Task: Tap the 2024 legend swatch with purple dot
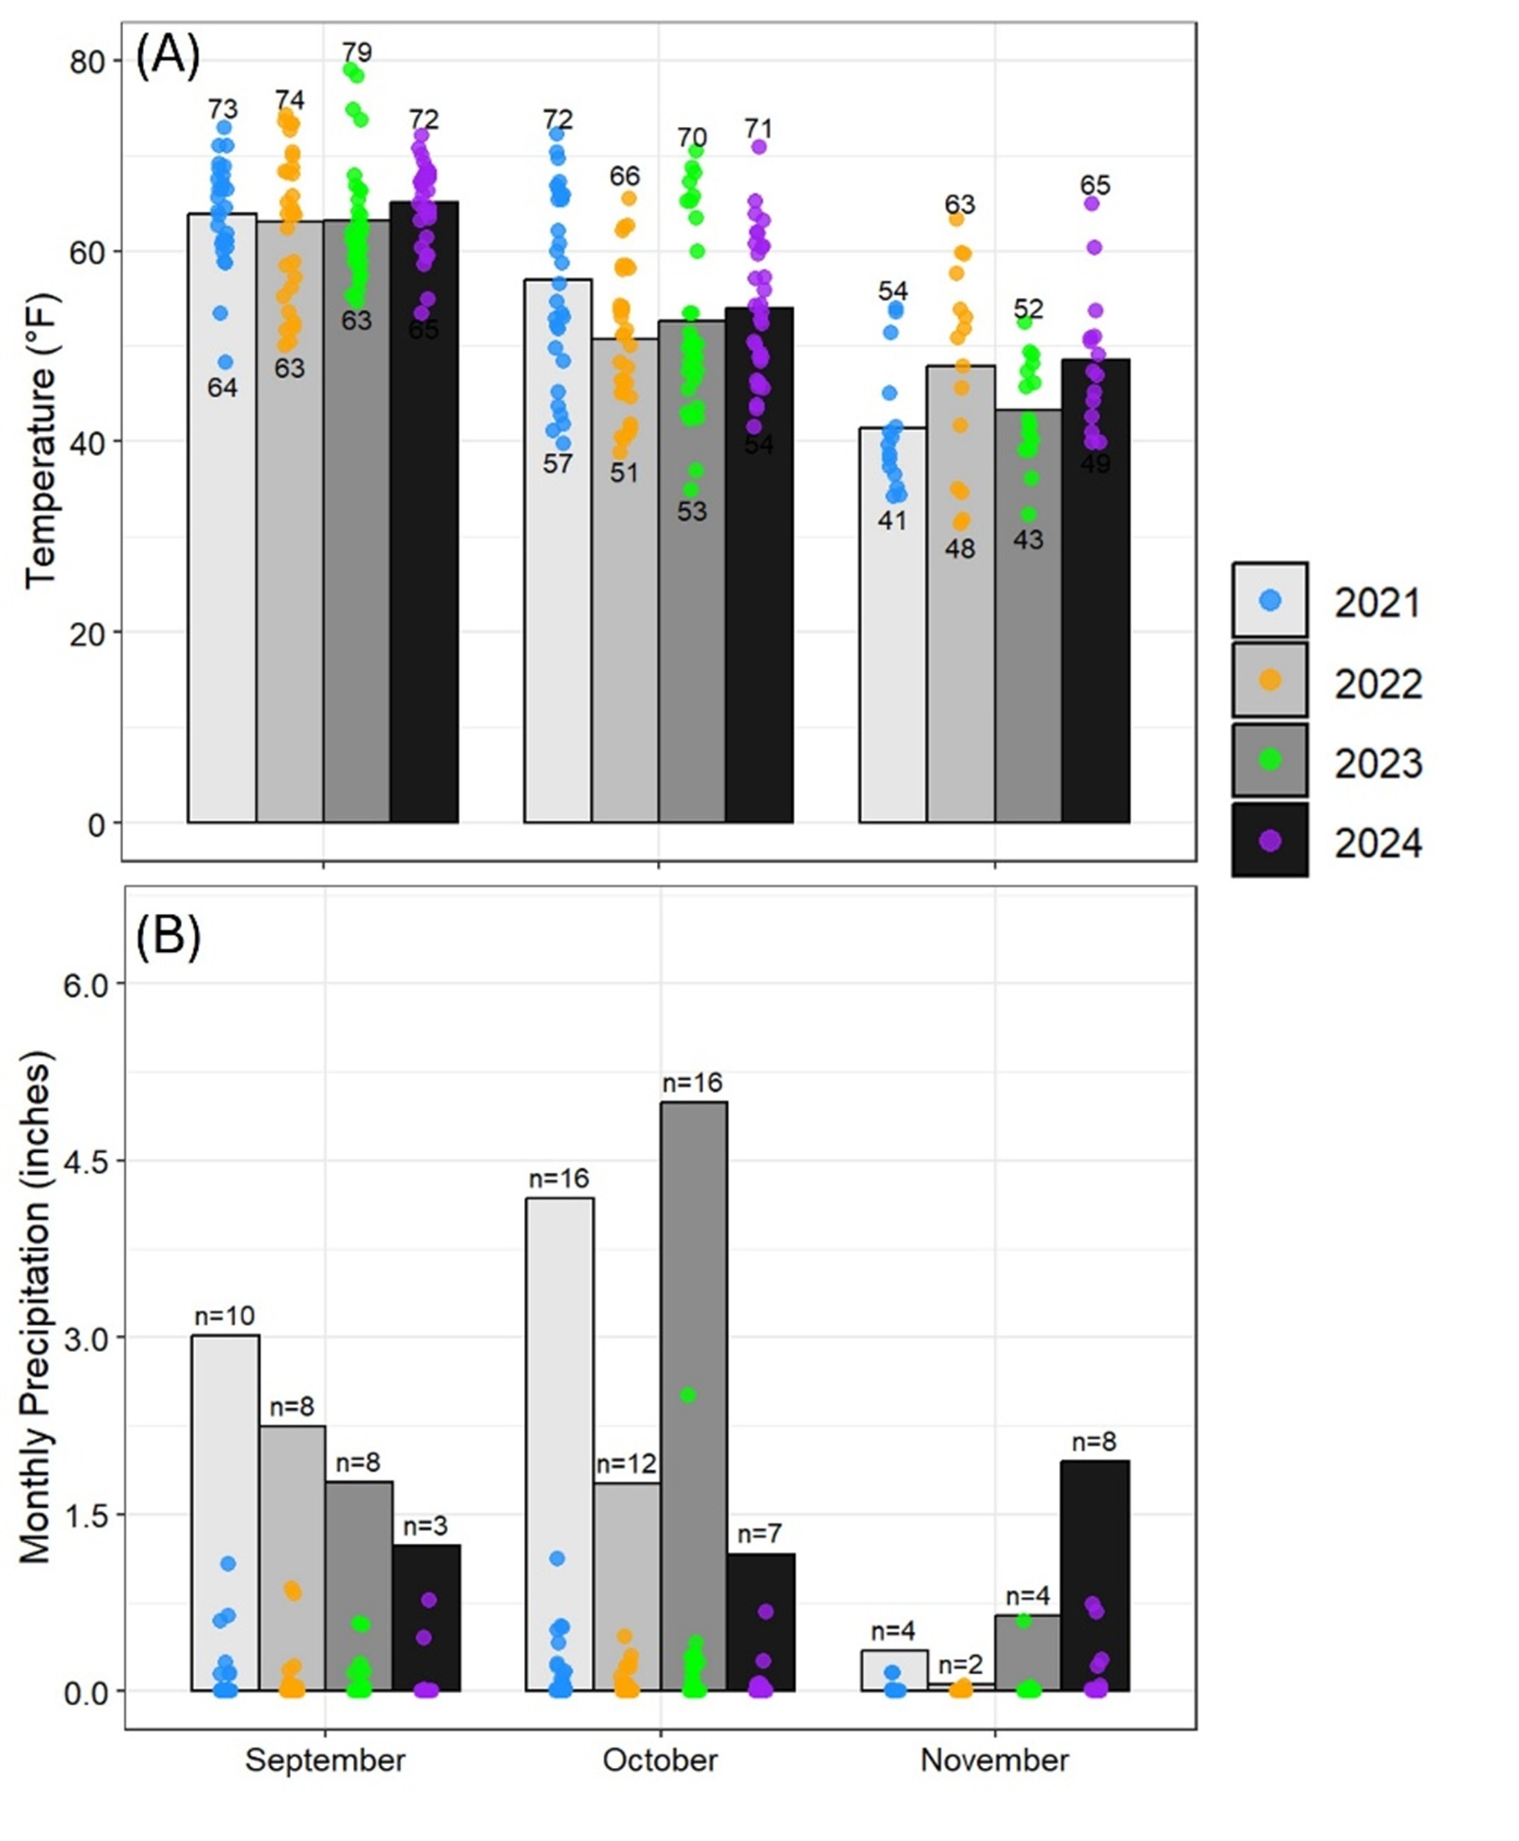[x=1270, y=841]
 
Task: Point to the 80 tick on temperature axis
[x=87, y=62]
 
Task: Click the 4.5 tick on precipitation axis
[x=86, y=1161]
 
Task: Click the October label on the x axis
[x=660, y=1760]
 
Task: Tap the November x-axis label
[x=994, y=1760]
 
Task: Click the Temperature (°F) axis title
[x=40, y=442]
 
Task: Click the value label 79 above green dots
[x=356, y=52]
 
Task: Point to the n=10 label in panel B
[x=224, y=1315]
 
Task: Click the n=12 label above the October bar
[x=626, y=1464]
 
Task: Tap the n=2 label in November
[x=961, y=1664]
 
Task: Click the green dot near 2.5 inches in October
[x=687, y=1395]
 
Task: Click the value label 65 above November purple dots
[x=1094, y=184]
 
